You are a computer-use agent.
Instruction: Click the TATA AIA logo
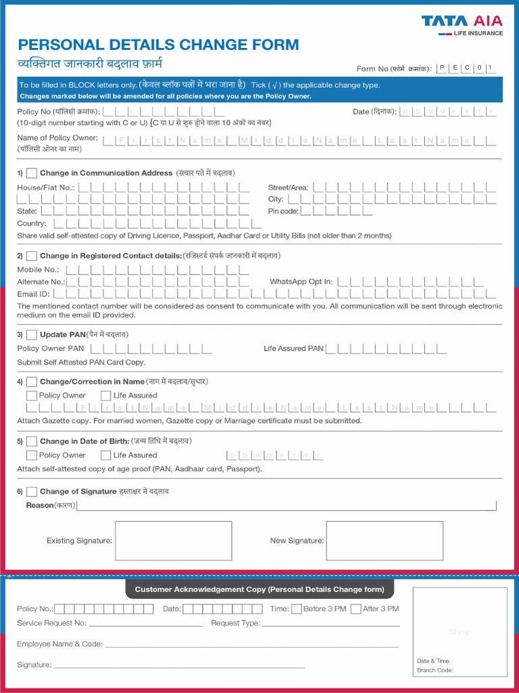point(462,24)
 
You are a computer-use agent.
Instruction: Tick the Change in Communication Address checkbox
point(32,173)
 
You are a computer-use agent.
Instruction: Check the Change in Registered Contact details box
point(32,256)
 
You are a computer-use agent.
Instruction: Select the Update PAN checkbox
point(32,334)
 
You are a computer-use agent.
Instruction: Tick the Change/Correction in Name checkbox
point(32,382)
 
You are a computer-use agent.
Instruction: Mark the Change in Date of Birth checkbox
point(32,441)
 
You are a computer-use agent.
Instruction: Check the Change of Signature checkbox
point(32,491)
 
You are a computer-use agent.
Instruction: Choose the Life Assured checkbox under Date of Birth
point(106,455)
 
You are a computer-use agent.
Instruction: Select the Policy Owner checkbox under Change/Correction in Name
point(32,396)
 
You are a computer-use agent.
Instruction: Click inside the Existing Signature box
point(174,541)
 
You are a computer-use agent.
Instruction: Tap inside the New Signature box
point(385,541)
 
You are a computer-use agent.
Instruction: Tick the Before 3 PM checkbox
point(296,609)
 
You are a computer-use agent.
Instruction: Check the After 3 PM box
point(355,609)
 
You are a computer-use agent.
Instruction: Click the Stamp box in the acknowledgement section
point(460,631)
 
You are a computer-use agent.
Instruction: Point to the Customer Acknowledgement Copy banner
point(259,589)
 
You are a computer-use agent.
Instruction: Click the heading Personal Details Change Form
point(158,45)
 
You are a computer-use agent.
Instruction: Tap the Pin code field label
point(282,211)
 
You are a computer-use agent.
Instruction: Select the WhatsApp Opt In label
point(301,282)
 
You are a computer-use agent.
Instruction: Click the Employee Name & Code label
point(59,644)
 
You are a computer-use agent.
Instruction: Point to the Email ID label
point(33,294)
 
